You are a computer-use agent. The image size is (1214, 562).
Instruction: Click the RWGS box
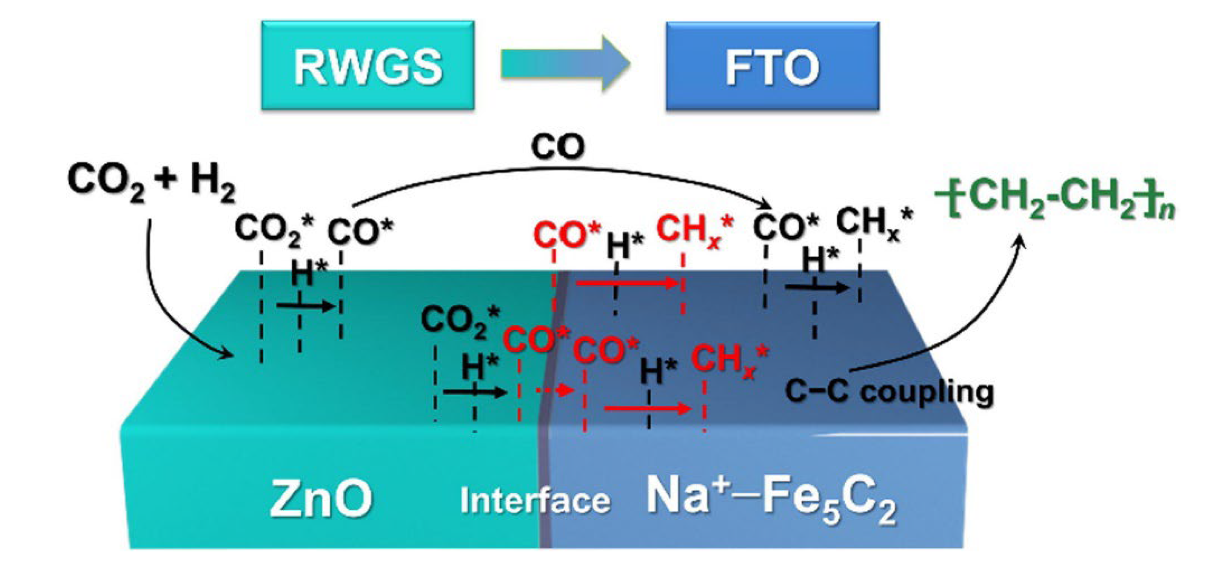368,66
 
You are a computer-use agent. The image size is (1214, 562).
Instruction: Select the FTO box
772,66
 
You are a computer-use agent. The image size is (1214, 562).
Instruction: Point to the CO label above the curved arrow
558,147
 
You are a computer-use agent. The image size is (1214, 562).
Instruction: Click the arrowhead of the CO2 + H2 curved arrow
227,353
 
